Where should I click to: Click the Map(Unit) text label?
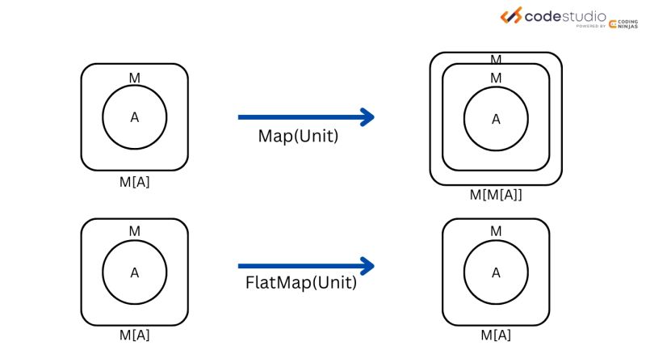[298, 137]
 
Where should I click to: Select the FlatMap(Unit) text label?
[300, 284]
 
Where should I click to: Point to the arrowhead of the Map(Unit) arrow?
[367, 117]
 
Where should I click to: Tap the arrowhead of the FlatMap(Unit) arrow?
[367, 265]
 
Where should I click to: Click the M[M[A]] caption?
[496, 194]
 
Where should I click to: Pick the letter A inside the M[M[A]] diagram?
[496, 119]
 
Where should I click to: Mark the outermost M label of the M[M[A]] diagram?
[496, 59]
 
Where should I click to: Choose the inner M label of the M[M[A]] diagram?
[496, 78]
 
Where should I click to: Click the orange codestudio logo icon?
[510, 15]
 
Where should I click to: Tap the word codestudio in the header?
[565, 15]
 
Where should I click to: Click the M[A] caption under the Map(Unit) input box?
[135, 182]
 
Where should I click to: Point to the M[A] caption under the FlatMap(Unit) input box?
[135, 334]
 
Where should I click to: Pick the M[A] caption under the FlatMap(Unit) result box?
[496, 334]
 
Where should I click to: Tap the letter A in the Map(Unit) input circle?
[135, 117]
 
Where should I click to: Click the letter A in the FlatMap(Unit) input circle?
[135, 272]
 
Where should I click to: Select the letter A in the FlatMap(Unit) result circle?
[496, 272]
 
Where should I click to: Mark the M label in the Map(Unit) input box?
[135, 77]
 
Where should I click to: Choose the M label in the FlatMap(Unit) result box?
[496, 232]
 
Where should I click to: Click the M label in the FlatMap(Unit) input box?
[135, 232]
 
